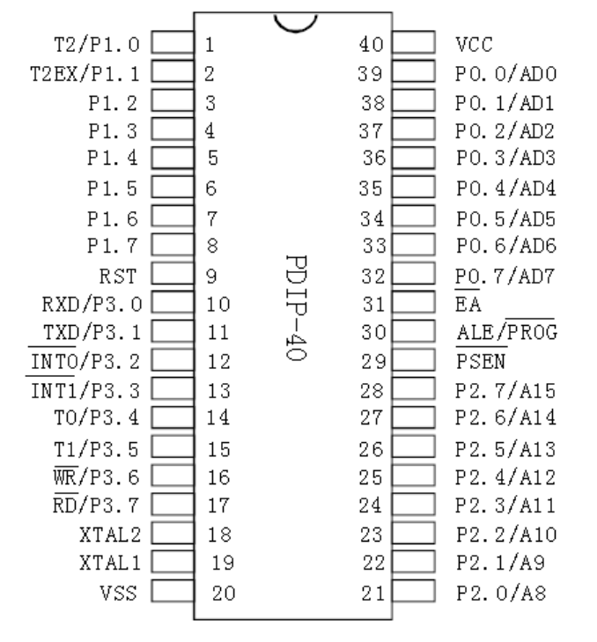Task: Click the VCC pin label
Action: click(475, 42)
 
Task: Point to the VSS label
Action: click(122, 591)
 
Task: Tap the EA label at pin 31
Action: click(468, 305)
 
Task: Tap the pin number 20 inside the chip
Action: click(224, 592)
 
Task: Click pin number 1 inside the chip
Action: click(210, 42)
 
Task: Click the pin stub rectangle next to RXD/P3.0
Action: click(173, 305)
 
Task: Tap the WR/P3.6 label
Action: click(92, 476)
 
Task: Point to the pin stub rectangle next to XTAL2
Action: click(173, 533)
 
